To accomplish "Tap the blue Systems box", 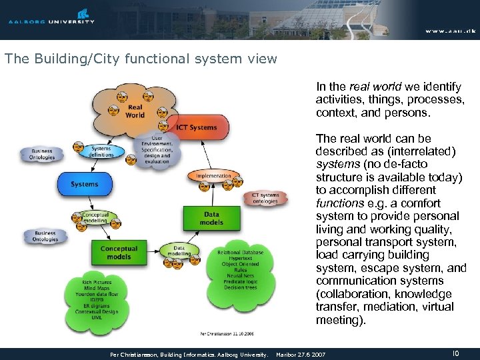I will [85, 184].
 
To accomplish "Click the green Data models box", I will [211, 219].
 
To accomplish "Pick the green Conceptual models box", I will [119, 253].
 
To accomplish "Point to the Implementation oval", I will [213, 176].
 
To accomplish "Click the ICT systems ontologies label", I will [265, 198].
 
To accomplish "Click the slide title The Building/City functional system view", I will [141, 59].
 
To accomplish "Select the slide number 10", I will [456, 353].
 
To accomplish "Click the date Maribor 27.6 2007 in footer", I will [301, 355].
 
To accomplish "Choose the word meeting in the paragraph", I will [339, 320].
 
